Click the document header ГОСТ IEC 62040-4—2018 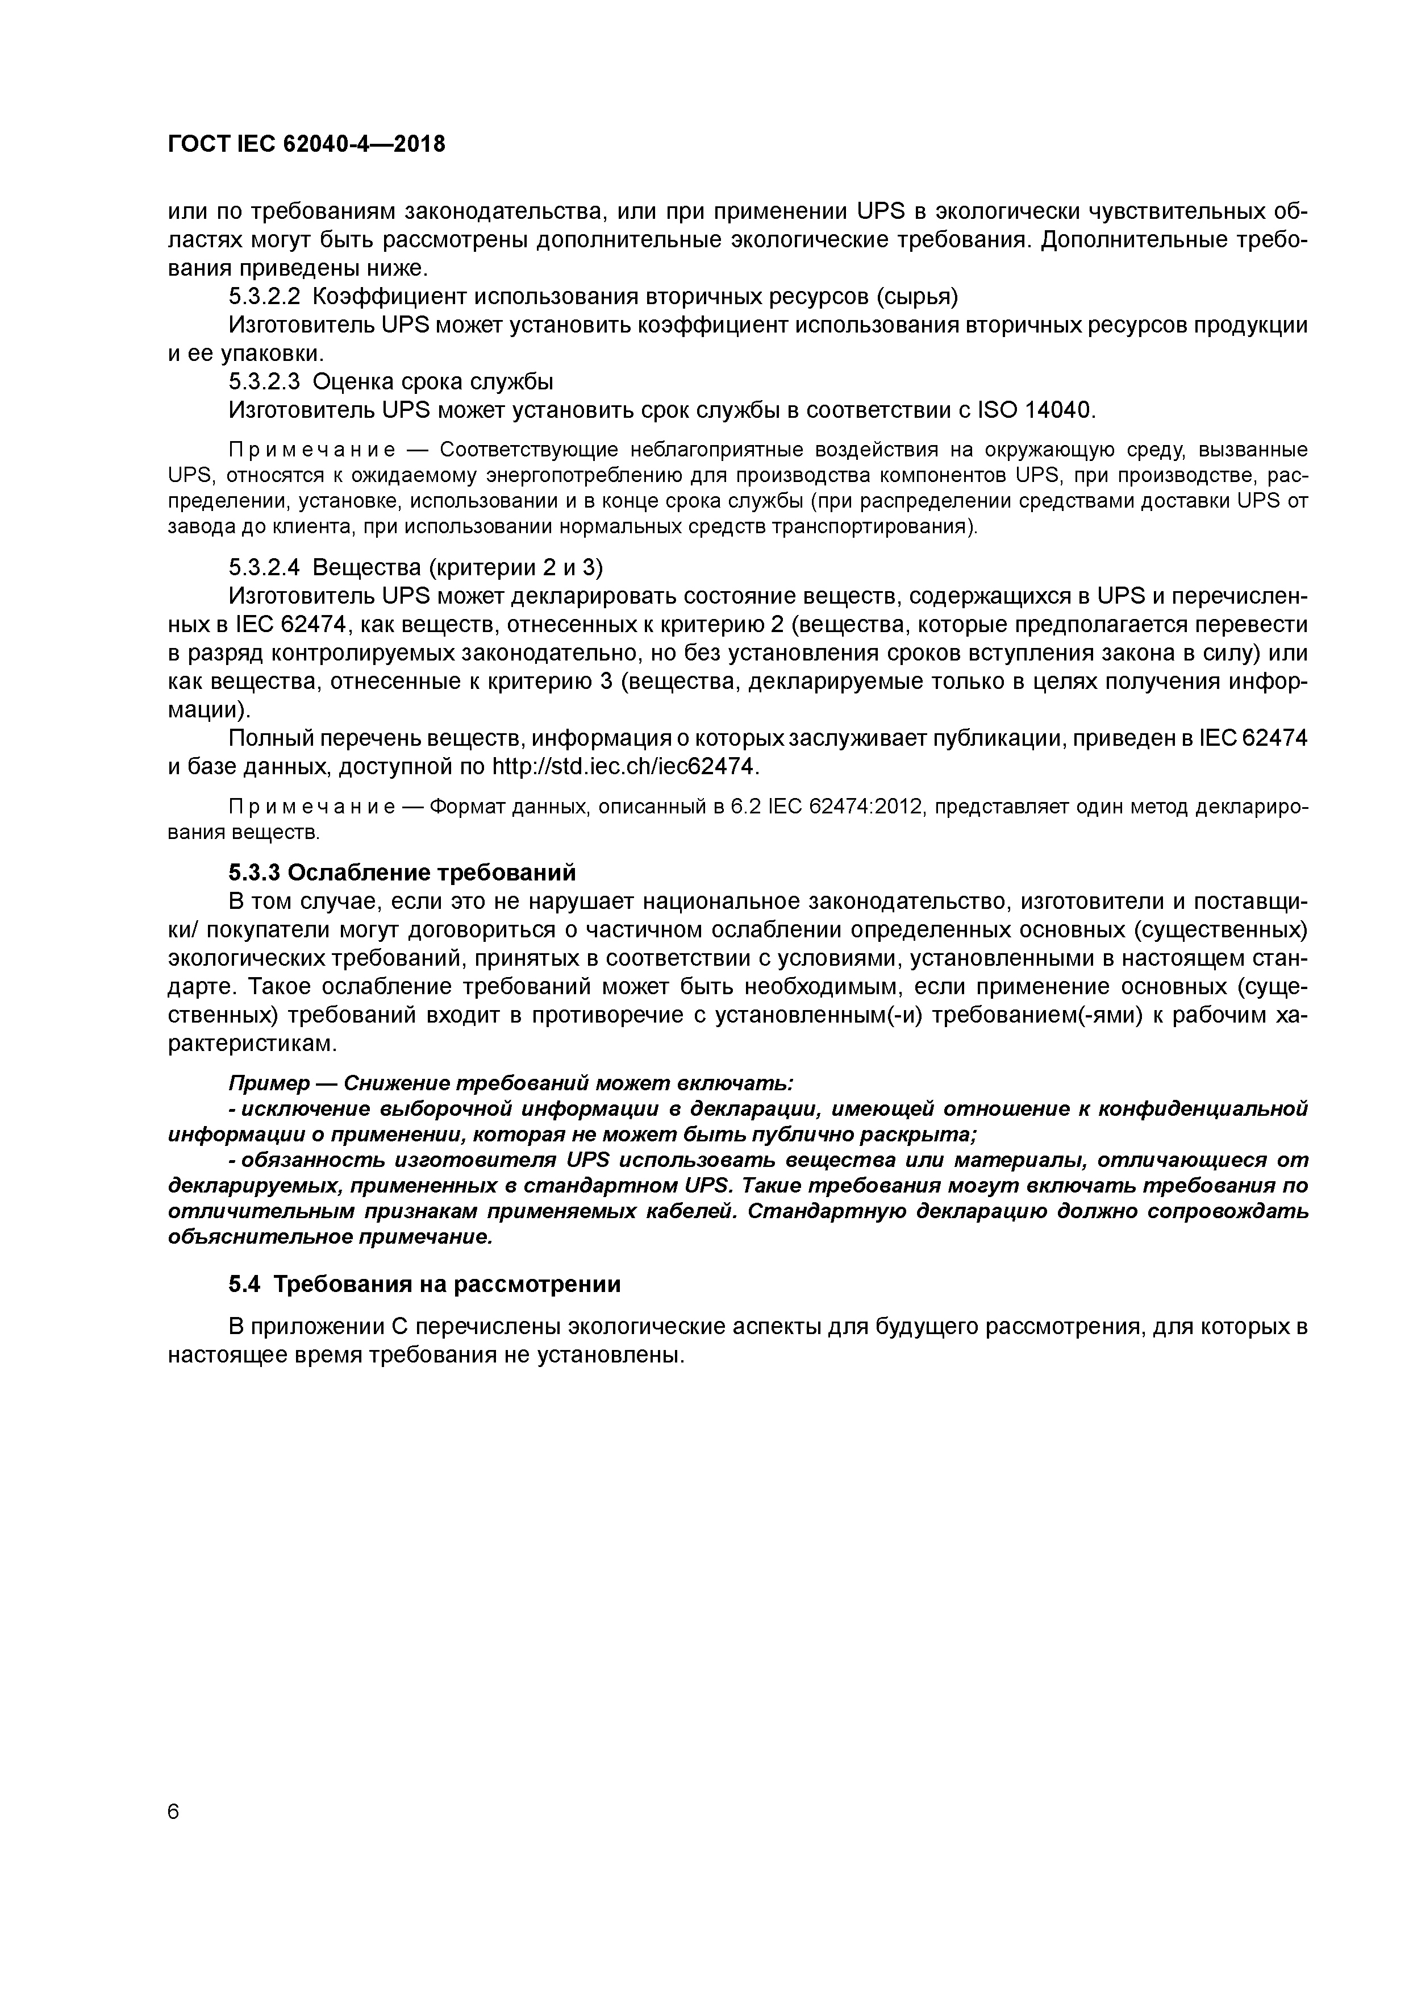point(306,144)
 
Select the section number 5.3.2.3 point(264,381)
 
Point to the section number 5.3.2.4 point(264,567)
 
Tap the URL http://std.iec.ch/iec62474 point(625,767)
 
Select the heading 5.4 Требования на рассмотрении point(424,1285)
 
